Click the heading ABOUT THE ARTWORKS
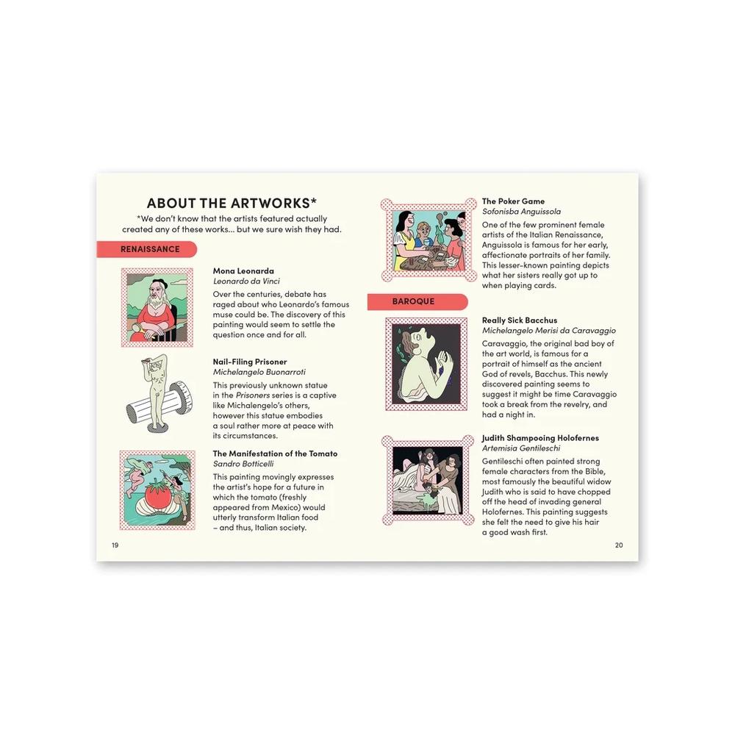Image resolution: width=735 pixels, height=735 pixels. (x=232, y=203)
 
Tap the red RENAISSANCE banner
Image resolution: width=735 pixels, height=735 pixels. (x=147, y=249)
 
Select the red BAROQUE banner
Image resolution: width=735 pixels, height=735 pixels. (x=417, y=301)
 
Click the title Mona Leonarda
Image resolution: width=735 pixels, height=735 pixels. (x=243, y=271)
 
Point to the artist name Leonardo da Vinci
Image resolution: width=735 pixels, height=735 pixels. (x=246, y=282)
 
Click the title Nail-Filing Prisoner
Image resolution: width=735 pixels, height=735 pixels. (x=250, y=362)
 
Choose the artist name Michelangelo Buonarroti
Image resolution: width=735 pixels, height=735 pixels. (x=259, y=372)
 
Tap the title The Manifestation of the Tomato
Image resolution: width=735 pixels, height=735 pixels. (x=275, y=453)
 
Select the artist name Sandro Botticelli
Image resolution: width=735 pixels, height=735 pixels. (x=243, y=464)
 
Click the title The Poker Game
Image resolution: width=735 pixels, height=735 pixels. (x=513, y=201)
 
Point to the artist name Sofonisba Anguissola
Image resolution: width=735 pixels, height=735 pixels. (x=521, y=212)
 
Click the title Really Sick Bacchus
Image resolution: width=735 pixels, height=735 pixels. (x=520, y=320)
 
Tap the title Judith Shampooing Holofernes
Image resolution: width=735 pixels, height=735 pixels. (x=540, y=438)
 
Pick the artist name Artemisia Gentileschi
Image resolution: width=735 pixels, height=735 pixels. (x=521, y=448)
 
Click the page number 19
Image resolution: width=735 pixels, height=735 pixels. (x=115, y=545)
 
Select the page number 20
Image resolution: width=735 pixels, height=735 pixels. (x=619, y=545)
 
